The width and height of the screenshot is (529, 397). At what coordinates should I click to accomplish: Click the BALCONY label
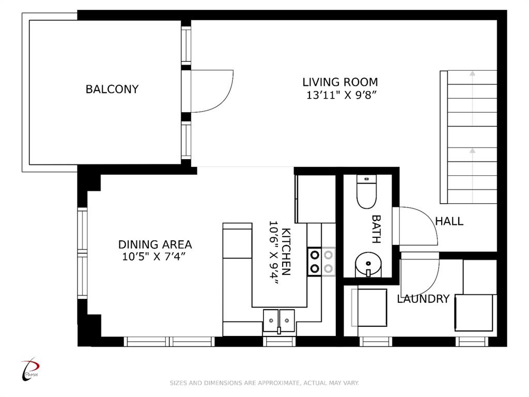click(112, 89)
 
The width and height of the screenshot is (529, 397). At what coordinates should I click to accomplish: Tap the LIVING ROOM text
click(340, 82)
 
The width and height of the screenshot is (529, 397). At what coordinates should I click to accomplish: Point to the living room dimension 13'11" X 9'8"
click(341, 95)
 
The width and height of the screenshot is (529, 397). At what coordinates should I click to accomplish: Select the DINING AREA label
click(155, 245)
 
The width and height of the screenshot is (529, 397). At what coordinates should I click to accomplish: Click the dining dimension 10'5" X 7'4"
click(154, 256)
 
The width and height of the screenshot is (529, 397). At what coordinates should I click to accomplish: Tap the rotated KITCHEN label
click(286, 252)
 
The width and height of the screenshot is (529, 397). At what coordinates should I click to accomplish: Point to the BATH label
click(376, 229)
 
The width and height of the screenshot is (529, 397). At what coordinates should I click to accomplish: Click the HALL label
click(449, 221)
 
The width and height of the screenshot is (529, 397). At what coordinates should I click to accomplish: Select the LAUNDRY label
click(423, 299)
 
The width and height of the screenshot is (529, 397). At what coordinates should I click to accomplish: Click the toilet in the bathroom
click(366, 192)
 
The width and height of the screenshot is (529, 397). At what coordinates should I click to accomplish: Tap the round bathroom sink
click(368, 264)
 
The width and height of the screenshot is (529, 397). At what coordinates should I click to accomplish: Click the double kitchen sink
click(278, 320)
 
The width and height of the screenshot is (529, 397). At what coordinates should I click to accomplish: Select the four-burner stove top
click(321, 262)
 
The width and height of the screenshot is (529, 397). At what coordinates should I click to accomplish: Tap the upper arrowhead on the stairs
click(472, 73)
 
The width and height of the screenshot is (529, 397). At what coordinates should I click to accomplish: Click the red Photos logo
click(30, 369)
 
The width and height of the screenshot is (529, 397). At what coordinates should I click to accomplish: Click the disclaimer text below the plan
click(264, 383)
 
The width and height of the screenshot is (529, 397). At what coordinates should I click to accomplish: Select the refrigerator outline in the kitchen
click(316, 199)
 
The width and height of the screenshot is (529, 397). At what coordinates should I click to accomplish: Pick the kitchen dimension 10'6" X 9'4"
click(274, 252)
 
